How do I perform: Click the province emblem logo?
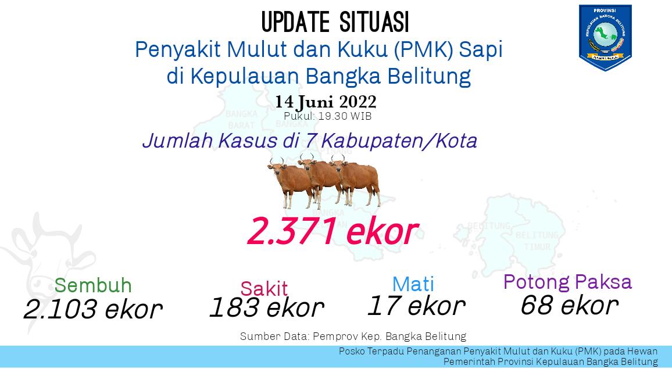(x=605, y=37)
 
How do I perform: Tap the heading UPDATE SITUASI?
(x=335, y=22)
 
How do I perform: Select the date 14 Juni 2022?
(x=326, y=102)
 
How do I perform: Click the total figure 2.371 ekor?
(x=333, y=231)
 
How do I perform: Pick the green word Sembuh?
(x=93, y=285)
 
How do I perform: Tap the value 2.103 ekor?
(x=93, y=309)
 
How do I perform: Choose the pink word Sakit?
(x=264, y=288)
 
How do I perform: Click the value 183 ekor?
(x=267, y=307)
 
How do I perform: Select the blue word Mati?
(x=413, y=284)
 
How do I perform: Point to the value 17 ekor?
(x=417, y=306)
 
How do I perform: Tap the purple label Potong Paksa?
(x=567, y=282)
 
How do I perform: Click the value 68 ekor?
(x=570, y=305)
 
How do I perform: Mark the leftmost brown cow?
(x=291, y=181)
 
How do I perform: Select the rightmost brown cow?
(x=356, y=180)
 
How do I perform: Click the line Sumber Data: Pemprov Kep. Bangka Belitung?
(x=353, y=336)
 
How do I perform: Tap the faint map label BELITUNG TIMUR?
(x=538, y=241)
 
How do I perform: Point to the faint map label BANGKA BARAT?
(x=241, y=120)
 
